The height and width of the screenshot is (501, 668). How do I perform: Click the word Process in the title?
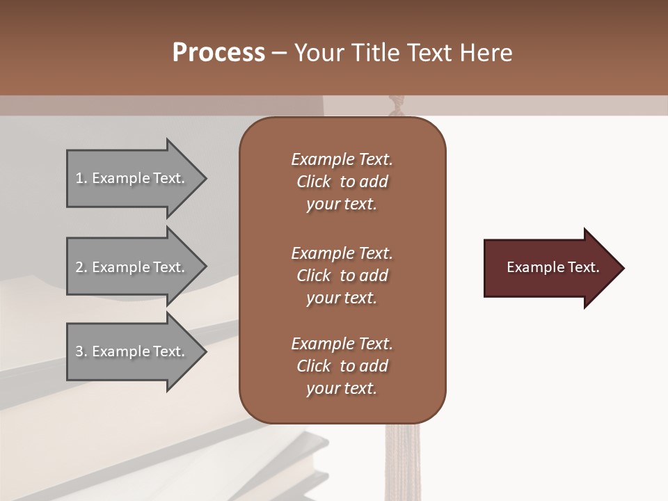(x=218, y=53)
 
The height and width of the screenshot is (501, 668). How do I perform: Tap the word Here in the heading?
(x=486, y=53)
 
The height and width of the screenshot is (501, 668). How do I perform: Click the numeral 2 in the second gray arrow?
(x=79, y=267)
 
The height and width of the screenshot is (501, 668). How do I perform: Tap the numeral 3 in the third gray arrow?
(x=79, y=351)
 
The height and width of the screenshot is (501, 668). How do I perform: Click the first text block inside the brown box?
(x=342, y=182)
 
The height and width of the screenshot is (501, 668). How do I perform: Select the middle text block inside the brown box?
(x=342, y=276)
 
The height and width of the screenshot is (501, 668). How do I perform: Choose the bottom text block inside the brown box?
(x=342, y=366)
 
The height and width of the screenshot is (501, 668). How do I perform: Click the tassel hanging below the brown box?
(x=398, y=459)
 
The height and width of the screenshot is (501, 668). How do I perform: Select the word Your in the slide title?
(x=317, y=53)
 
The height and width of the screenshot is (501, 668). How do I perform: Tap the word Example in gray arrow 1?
(x=120, y=178)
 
